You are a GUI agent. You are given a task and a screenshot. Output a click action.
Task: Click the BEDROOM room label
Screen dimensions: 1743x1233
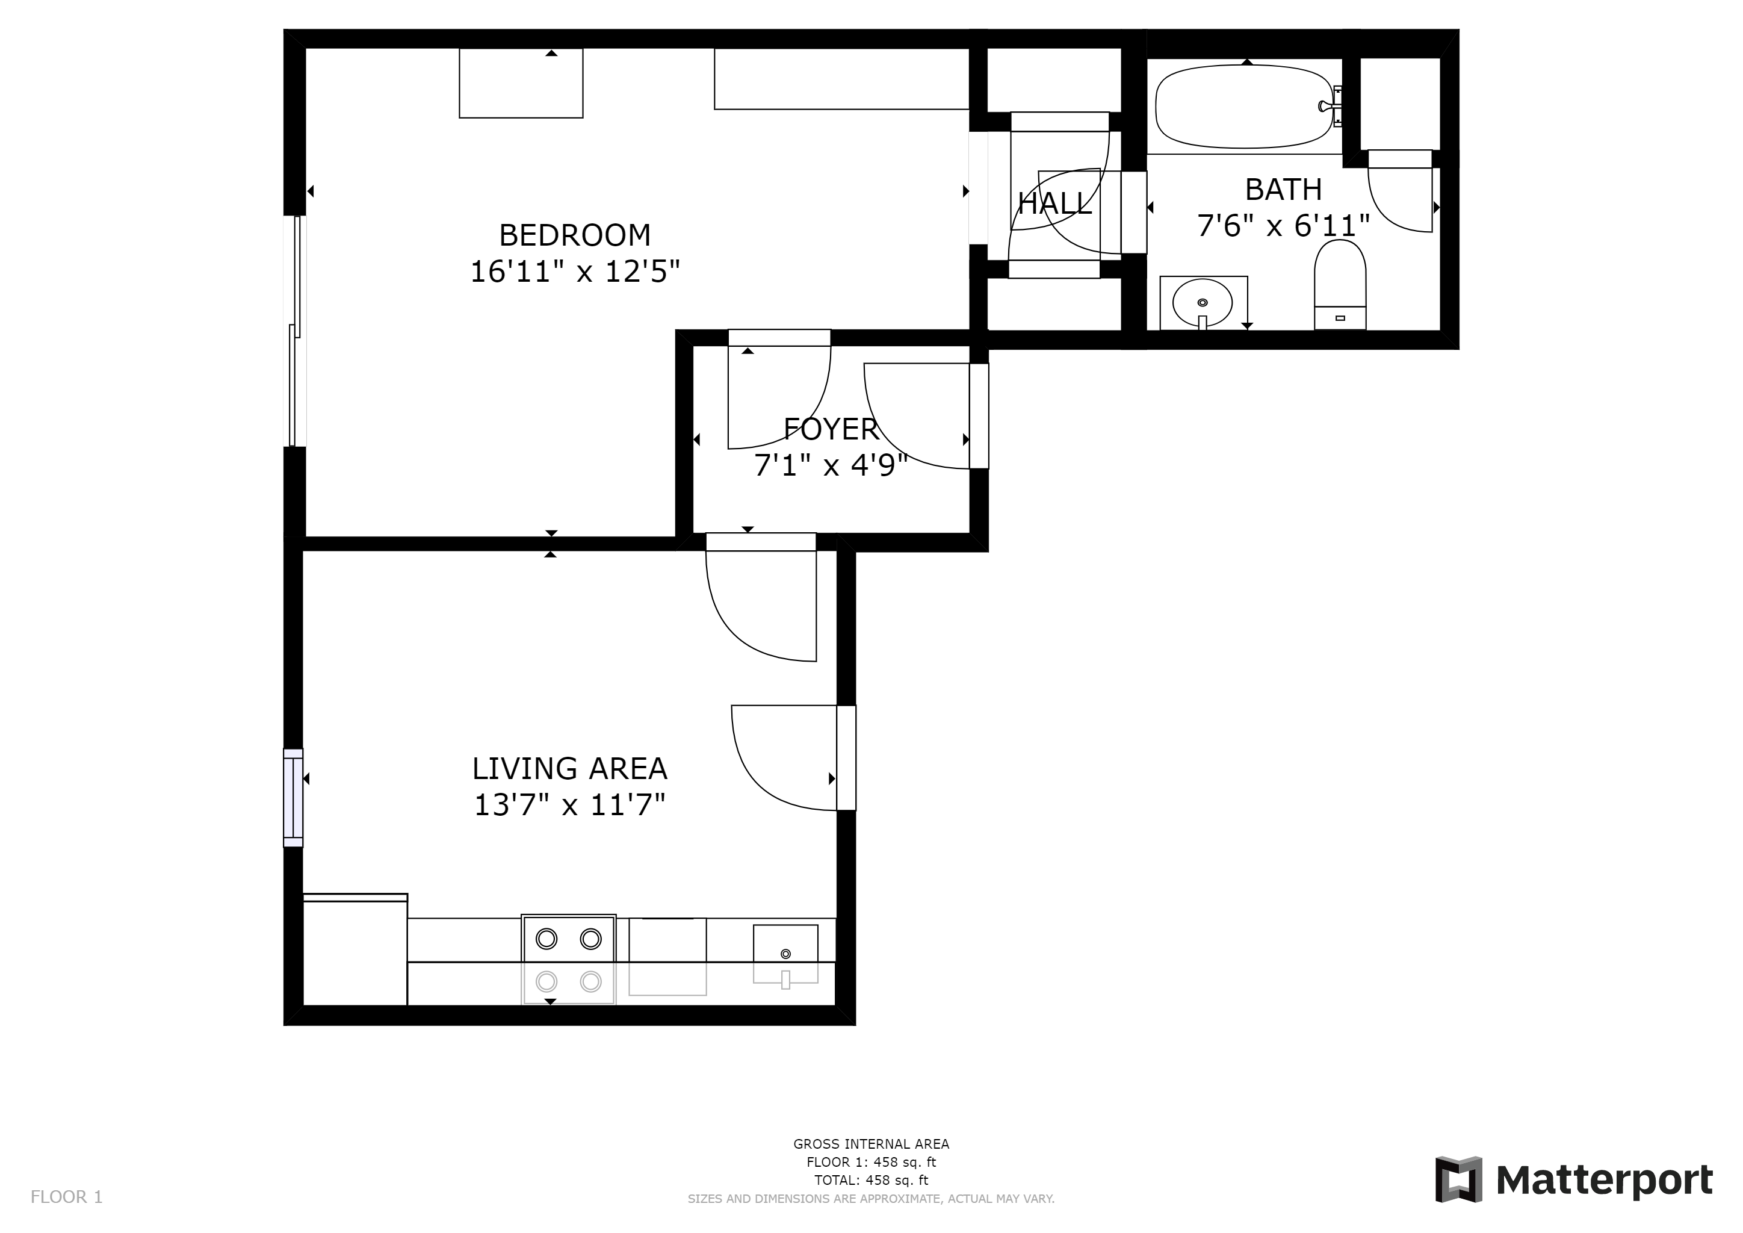(575, 235)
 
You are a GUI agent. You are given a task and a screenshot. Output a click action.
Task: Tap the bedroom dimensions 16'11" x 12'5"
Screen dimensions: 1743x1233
(575, 272)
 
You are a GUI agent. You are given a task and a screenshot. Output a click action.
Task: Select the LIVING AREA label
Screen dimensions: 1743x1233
(569, 769)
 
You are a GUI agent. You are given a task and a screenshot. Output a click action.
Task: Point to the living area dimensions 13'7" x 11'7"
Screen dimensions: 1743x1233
(569, 806)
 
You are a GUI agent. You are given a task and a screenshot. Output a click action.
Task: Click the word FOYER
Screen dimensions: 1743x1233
(831, 430)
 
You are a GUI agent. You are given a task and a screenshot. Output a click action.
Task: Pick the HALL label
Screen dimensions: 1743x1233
(1054, 203)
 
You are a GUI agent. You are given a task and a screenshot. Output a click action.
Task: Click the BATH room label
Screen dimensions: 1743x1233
(1283, 189)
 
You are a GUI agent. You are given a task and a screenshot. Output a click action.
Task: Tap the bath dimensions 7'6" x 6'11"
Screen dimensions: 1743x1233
(1283, 226)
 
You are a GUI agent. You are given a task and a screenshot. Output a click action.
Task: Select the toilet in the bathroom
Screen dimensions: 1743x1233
(1340, 285)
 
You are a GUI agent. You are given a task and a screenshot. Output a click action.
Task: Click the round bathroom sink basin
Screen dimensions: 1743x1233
(1203, 303)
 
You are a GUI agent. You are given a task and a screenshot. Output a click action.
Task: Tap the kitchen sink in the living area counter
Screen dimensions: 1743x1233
(785, 955)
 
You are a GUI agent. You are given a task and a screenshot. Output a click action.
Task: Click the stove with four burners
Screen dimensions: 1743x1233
(569, 960)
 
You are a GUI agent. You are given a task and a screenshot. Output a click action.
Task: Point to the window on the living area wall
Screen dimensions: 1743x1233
(293, 797)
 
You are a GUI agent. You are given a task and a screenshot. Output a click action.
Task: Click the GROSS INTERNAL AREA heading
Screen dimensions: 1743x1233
(871, 1144)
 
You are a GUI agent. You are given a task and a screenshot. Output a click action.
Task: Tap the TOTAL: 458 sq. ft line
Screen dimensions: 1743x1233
(871, 1181)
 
